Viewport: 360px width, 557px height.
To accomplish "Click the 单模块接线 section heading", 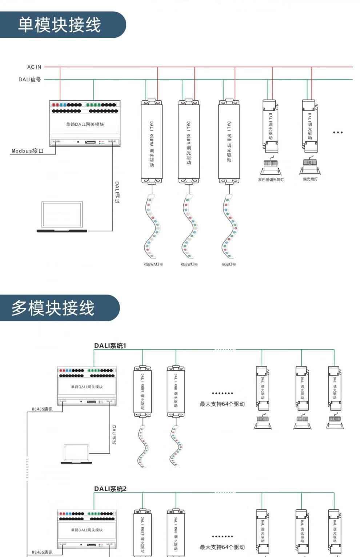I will (x=60, y=25).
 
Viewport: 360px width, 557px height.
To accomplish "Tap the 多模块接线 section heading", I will (x=53, y=308).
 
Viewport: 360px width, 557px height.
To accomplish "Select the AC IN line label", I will (x=34, y=67).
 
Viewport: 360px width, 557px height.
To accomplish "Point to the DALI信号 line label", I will (x=30, y=80).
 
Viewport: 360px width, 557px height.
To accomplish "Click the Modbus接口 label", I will (x=28, y=151).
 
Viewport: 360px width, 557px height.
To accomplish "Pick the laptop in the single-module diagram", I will (x=62, y=217).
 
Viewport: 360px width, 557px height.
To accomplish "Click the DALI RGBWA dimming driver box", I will (x=152, y=142).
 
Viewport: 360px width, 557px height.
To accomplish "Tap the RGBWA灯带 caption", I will (x=153, y=264).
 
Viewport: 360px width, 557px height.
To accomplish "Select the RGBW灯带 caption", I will (x=189, y=264).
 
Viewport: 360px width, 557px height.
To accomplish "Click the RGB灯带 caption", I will (x=229, y=264).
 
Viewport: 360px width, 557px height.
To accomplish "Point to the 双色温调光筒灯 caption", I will (x=271, y=179).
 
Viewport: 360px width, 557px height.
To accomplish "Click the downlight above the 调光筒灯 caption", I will (x=310, y=166).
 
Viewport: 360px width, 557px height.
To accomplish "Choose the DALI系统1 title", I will (x=110, y=346).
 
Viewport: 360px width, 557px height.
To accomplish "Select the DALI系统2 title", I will (x=110, y=489).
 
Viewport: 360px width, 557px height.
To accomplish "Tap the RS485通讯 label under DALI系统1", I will (x=42, y=409).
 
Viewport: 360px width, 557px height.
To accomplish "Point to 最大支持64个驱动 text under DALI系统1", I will (x=222, y=404).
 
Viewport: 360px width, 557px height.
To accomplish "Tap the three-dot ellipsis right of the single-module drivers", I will (x=338, y=133).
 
